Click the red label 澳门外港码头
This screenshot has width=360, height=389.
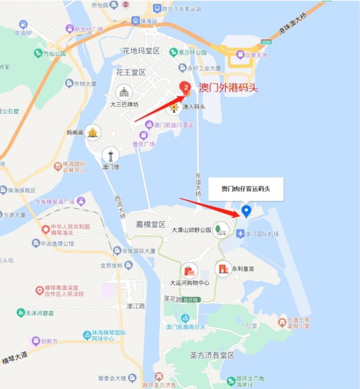(228, 87)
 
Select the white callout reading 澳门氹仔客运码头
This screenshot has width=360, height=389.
(246, 189)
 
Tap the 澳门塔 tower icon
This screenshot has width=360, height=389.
(110, 155)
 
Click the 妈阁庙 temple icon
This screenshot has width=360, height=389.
(93, 133)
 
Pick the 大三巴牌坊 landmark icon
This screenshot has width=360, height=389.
(124, 92)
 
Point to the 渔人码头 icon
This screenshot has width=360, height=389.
(174, 107)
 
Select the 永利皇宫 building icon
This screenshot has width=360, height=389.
(223, 269)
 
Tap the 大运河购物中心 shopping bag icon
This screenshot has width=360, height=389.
(189, 270)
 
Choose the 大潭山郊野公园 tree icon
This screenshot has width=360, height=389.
(219, 230)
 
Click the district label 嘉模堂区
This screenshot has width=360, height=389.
(149, 224)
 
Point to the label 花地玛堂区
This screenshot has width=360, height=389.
(141, 51)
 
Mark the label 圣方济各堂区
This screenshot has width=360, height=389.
(212, 356)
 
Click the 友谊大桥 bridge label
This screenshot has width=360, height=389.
(198, 185)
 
